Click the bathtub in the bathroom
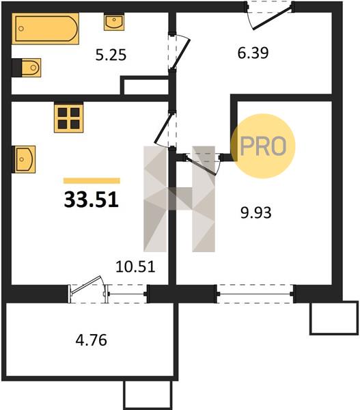[45, 29]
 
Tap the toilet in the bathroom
[27, 68]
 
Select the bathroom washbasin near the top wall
[114, 22]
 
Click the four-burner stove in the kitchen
[69, 118]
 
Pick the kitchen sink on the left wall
[24, 159]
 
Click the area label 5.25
[111, 55]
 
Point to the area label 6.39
[253, 53]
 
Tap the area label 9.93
[256, 213]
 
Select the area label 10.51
[135, 267]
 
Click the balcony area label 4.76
[92, 340]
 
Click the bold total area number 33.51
[92, 200]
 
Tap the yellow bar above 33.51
[92, 180]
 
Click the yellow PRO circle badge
[263, 146]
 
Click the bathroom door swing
[181, 53]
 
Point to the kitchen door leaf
[163, 128]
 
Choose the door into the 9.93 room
[202, 164]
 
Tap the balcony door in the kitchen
[87, 289]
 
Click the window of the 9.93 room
[255, 294]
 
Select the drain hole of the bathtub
[21, 29]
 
